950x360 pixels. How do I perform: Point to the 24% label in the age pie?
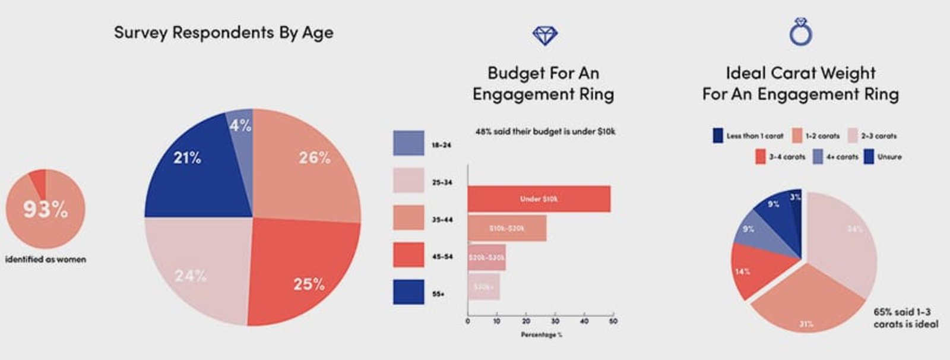pyautogui.click(x=191, y=276)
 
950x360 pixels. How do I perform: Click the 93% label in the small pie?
pyautogui.click(x=46, y=209)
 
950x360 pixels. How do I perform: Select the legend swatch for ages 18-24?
pyautogui.click(x=408, y=143)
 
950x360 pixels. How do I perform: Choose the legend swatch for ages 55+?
pyautogui.click(x=408, y=292)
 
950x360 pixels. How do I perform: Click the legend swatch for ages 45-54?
pyautogui.click(x=408, y=255)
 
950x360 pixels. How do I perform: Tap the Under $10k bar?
pyautogui.click(x=539, y=199)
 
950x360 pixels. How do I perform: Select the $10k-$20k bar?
pyautogui.click(x=506, y=228)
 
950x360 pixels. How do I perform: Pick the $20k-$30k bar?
pyautogui.click(x=486, y=257)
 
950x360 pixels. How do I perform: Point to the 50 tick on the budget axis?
pyautogui.click(x=613, y=321)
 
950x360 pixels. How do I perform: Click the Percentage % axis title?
pyautogui.click(x=541, y=335)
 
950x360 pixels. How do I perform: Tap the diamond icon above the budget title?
pyautogui.click(x=545, y=36)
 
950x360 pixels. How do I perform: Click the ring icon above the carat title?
pyautogui.click(x=800, y=32)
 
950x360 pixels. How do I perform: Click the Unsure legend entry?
pyautogui.click(x=883, y=157)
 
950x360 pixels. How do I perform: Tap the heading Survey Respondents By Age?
pyautogui.click(x=224, y=33)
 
